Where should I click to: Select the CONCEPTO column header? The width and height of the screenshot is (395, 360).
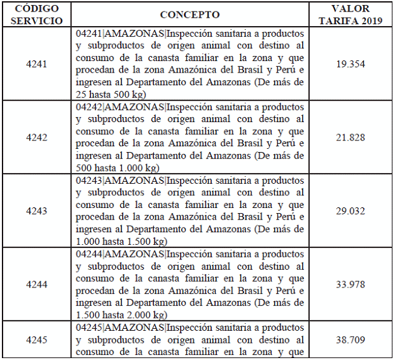(189, 15)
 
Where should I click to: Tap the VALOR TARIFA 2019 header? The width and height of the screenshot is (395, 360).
(349, 15)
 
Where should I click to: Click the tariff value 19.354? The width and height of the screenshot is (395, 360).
(350, 64)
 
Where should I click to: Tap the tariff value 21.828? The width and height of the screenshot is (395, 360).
(350, 137)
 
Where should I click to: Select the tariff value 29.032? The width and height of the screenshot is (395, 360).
(350, 211)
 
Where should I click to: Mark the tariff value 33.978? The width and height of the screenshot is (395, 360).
(350, 284)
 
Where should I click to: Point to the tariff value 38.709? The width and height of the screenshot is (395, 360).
(350, 340)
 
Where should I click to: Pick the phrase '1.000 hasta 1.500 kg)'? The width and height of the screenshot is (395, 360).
(121, 242)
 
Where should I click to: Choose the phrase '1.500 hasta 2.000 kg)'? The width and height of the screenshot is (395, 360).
(121, 315)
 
